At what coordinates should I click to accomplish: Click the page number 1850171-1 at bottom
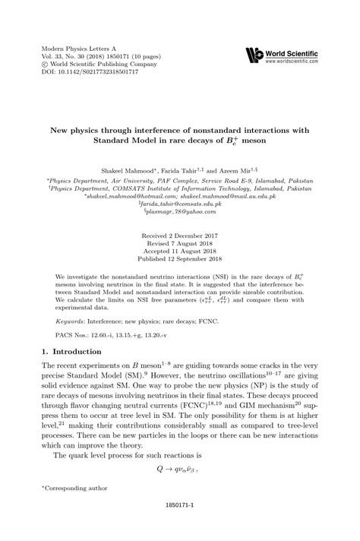180,525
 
